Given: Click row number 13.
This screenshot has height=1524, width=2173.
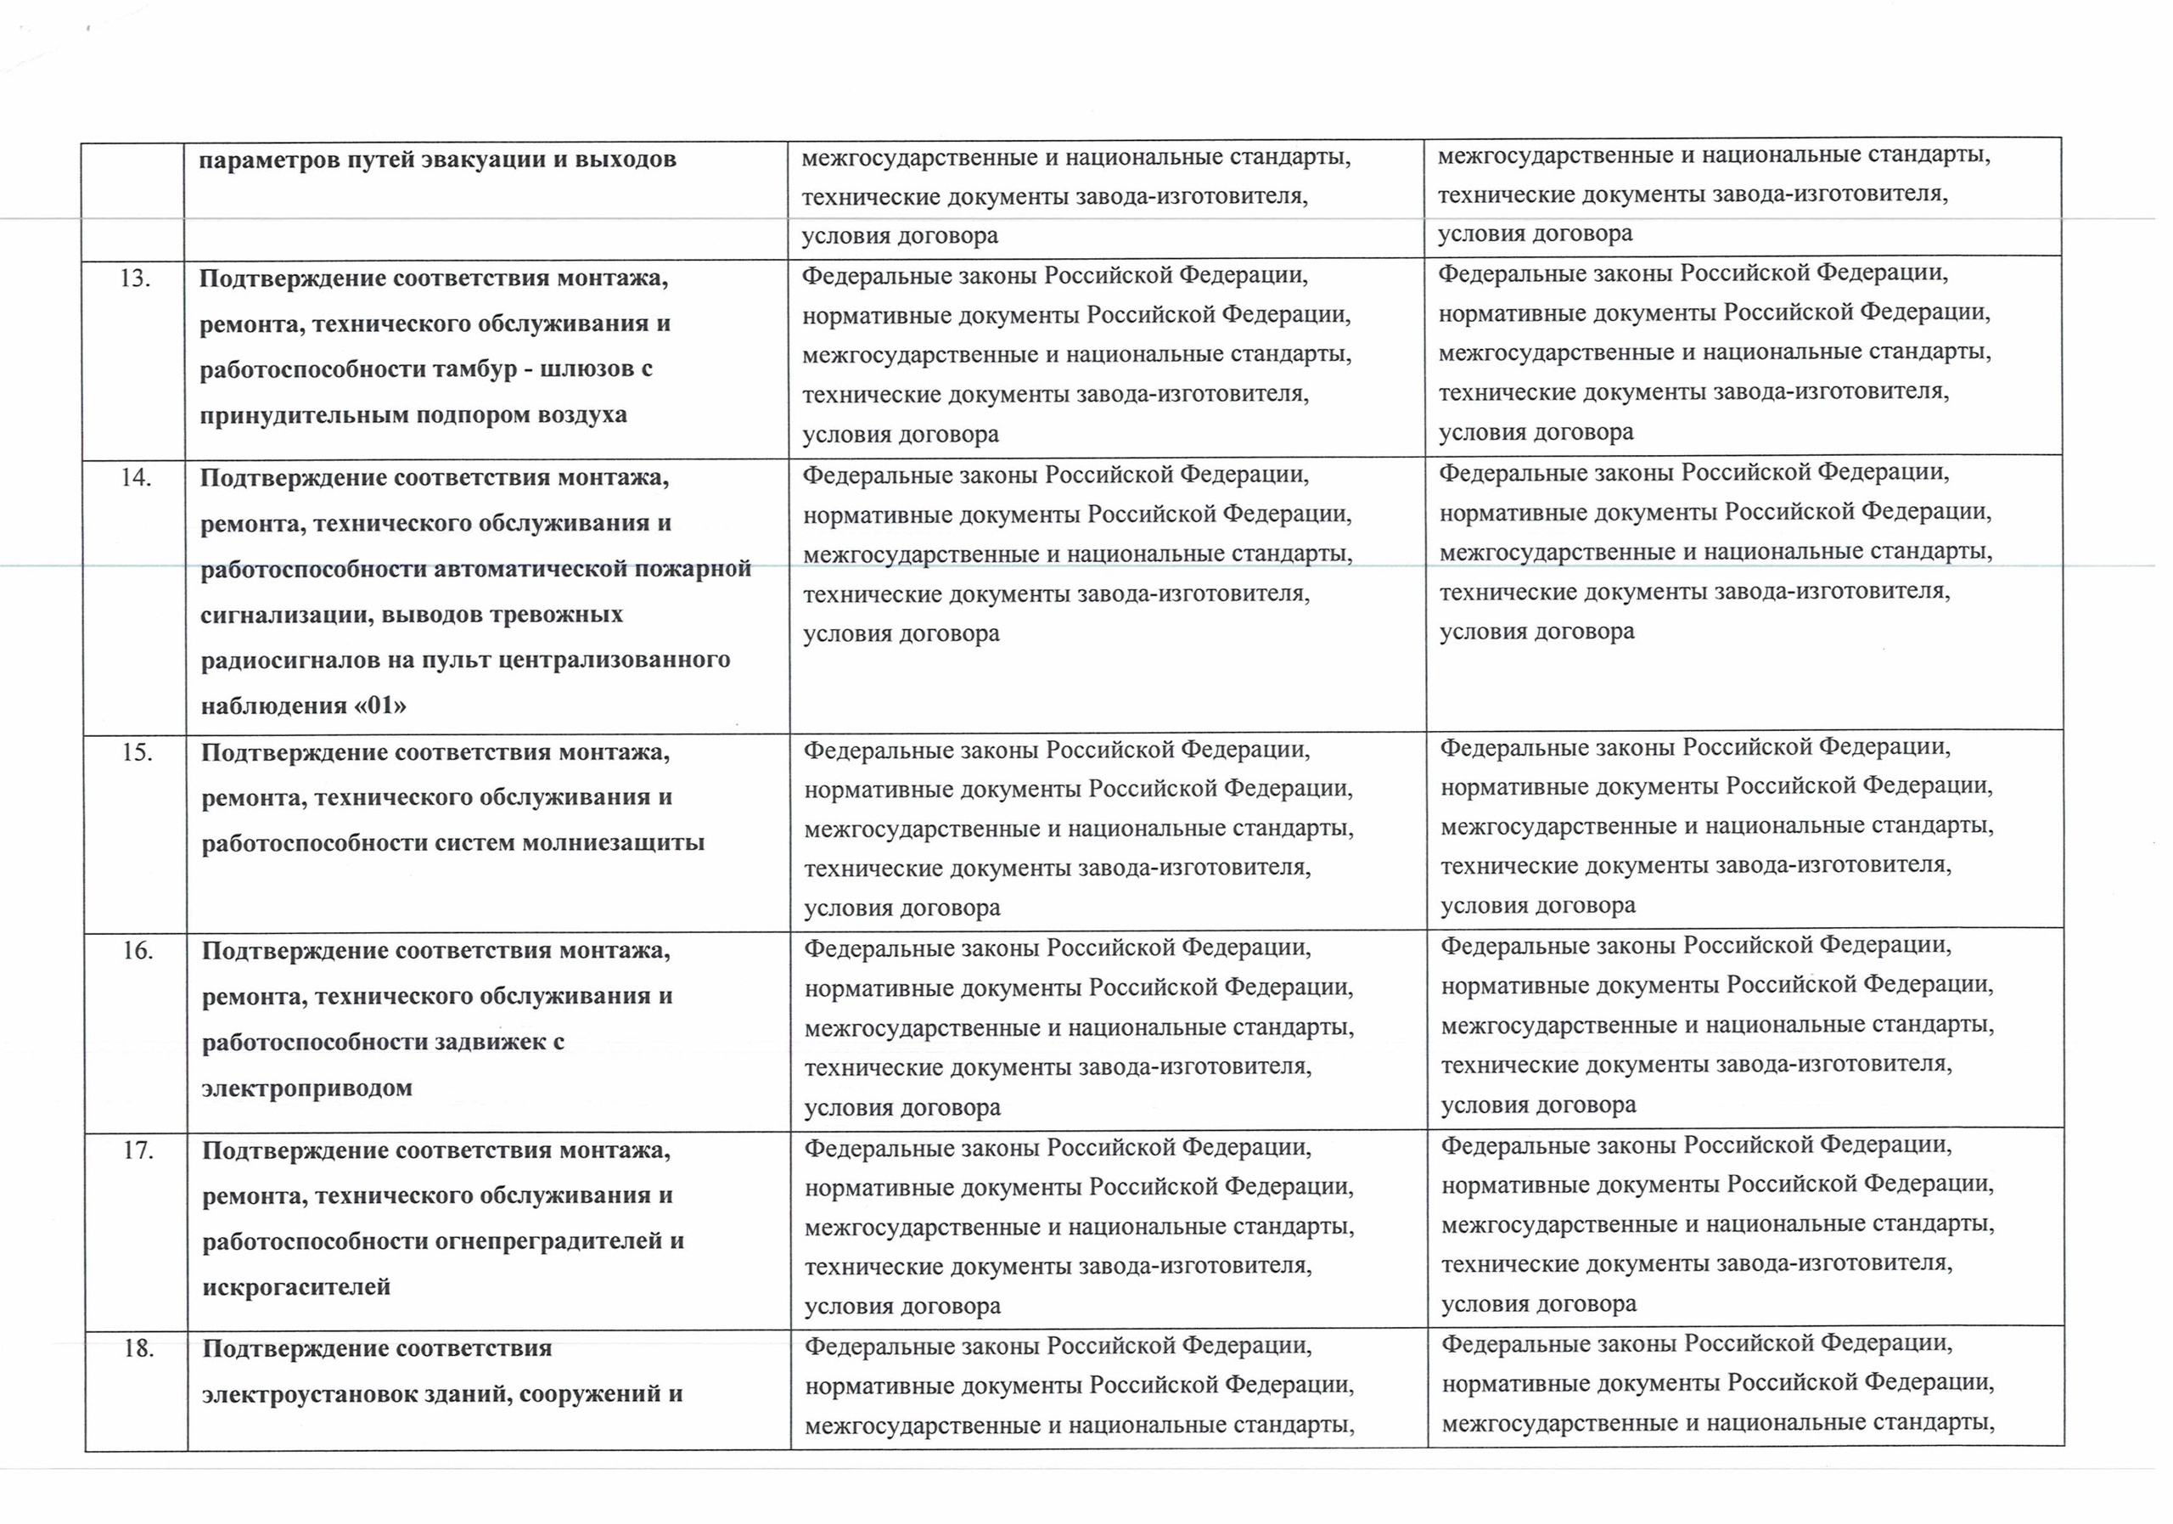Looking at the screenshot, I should coord(135,279).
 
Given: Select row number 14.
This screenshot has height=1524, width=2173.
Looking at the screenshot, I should coord(137,478).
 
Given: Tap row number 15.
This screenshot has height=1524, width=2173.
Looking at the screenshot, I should coord(138,753).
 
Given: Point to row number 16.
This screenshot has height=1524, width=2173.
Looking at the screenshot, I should coord(138,951).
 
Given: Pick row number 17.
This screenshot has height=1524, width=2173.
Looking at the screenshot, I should coord(138,1151).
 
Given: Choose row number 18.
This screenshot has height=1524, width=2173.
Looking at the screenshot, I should coord(139,1349).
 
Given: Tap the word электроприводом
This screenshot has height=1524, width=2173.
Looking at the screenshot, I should coord(306,1088).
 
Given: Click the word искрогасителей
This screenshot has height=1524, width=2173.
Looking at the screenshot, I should coord(296,1286).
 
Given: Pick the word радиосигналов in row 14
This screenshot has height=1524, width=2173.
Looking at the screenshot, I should coord(284,660).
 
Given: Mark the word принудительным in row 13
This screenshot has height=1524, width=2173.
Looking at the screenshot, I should coord(295,414).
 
